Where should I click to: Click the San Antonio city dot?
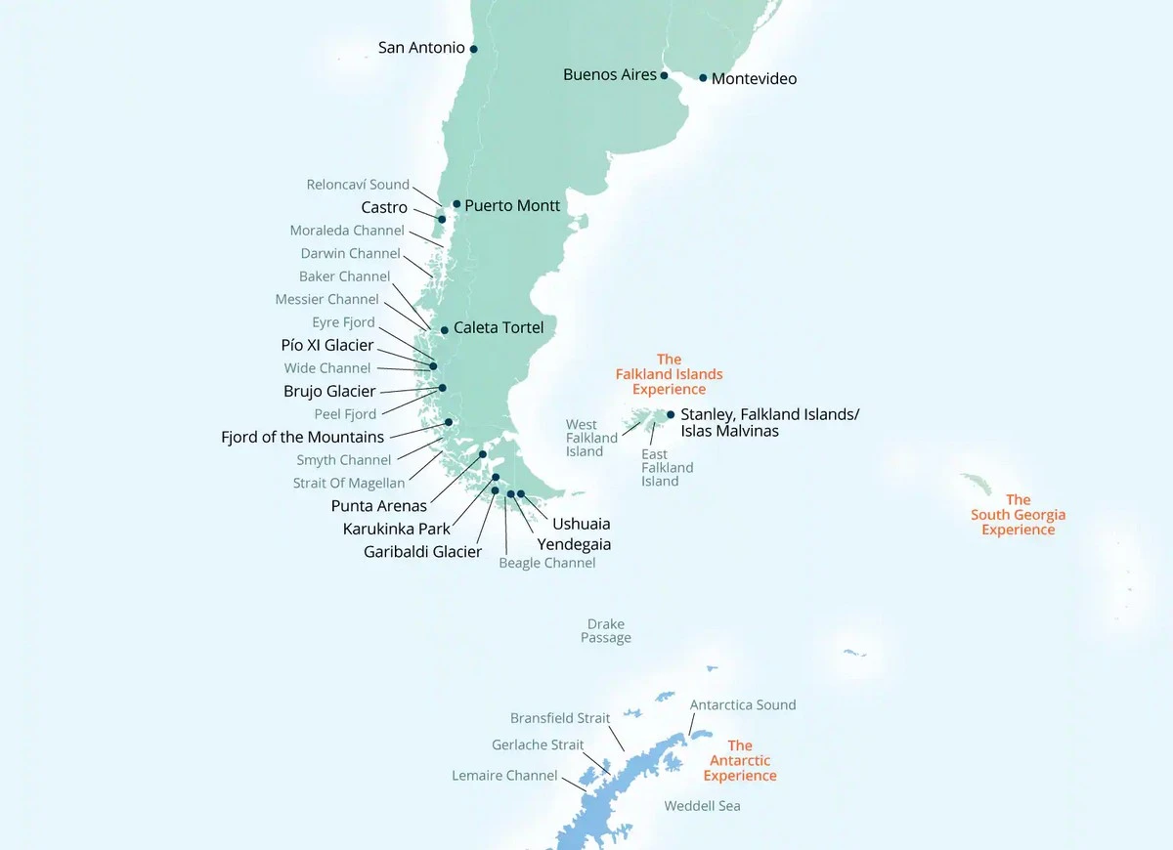474,49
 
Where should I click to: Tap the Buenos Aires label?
610,75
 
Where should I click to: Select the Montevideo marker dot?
703,78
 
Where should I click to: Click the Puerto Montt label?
512,206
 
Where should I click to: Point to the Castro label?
384,208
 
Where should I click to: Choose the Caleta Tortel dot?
445,330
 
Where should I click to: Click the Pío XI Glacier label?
327,346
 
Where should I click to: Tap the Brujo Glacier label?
329,392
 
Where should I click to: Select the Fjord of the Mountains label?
303,438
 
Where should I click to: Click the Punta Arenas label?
379,506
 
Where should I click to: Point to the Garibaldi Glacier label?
422,552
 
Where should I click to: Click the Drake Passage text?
606,631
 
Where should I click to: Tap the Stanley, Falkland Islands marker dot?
671,414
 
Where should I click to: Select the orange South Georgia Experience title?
1018,515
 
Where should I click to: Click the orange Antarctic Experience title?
740,761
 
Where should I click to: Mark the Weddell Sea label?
702,806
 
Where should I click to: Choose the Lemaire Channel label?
504,776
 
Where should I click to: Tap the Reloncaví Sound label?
358,185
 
